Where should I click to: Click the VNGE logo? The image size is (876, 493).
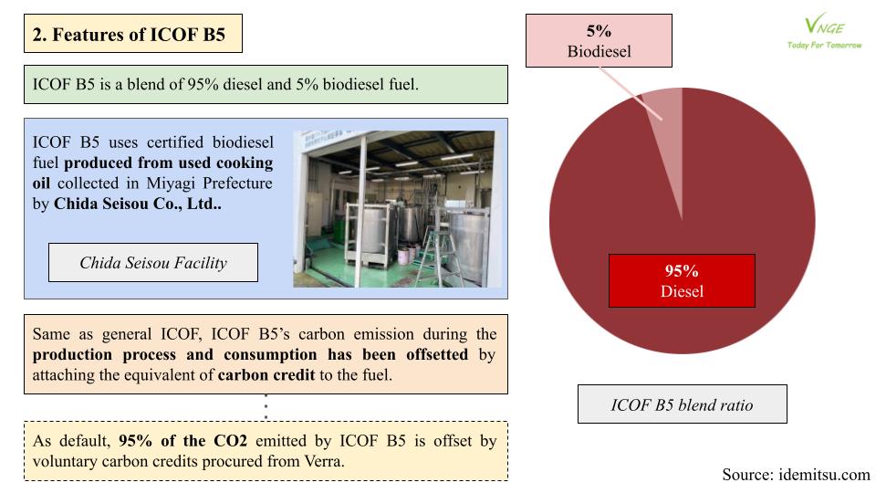tap(824, 33)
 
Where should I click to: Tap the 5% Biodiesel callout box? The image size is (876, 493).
tap(599, 41)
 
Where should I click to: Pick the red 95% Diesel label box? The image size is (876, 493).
tap(682, 280)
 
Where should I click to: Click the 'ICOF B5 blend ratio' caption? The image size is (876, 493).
tap(683, 404)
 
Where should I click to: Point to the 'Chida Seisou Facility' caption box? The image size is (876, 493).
tap(153, 262)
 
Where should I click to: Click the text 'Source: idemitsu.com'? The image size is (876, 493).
tap(796, 475)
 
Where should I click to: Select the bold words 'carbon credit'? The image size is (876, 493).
tap(266, 374)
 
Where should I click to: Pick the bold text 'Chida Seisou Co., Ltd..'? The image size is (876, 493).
tap(138, 204)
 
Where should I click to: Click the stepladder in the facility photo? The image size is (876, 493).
tap(435, 255)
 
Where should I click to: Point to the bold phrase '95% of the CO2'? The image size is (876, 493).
tap(182, 441)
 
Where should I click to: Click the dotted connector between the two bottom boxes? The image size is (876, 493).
tap(266, 407)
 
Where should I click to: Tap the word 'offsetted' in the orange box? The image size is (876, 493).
tap(437, 354)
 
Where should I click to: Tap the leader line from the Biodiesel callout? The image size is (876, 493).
tap(631, 93)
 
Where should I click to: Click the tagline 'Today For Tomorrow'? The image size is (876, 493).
tap(824, 46)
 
